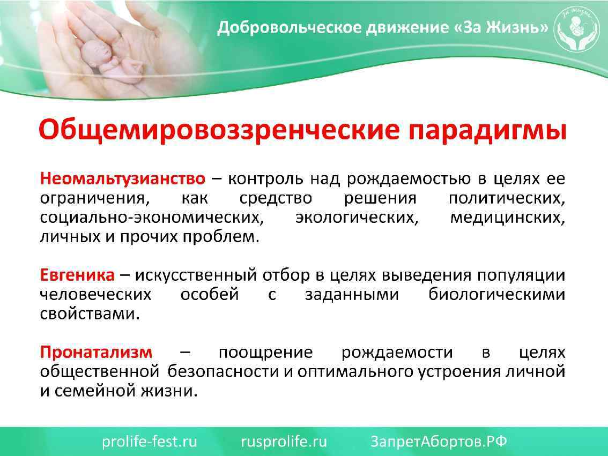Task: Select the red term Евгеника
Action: (77, 275)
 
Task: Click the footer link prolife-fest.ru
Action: (150, 442)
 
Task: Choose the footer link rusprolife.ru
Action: (284, 442)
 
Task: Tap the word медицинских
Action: (507, 218)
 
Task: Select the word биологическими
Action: (496, 295)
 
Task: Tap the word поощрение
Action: (265, 353)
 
